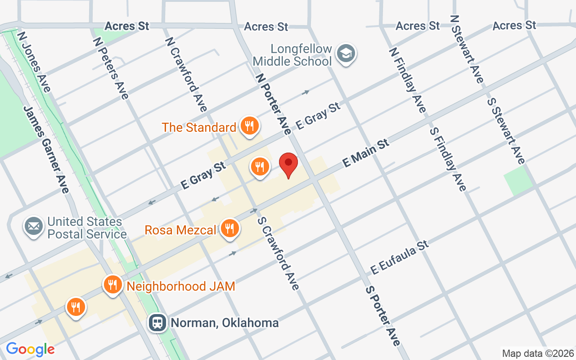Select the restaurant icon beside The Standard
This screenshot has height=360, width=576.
249,126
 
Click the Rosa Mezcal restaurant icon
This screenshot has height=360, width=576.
230,229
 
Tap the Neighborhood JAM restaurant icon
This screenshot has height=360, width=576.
112,285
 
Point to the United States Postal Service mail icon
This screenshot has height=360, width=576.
34,226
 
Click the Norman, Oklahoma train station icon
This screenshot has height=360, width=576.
157,322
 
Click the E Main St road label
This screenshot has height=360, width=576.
365,153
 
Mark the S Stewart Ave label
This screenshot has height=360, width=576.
506,130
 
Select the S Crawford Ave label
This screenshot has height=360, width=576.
278,253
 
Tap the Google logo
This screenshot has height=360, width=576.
30,349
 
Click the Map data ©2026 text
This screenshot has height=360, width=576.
538,353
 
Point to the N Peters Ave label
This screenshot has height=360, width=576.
111,68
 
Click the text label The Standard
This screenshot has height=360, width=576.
199,127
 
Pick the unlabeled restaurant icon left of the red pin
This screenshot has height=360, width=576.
260,167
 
